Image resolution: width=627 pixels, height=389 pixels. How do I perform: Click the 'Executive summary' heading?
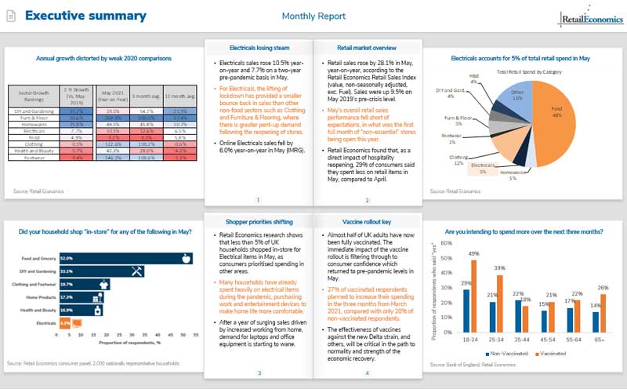[x=85, y=16]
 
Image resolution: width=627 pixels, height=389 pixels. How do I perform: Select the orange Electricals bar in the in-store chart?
[x=66, y=322]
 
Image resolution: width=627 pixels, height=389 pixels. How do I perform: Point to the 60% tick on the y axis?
[x=445, y=243]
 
